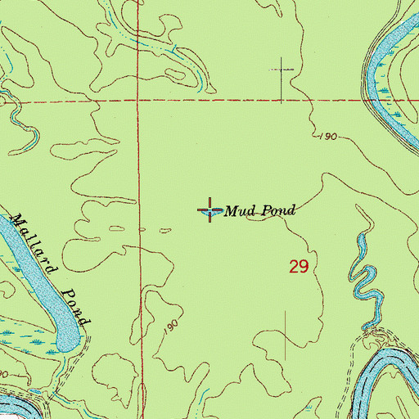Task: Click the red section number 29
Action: point(298,267)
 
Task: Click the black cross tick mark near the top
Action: point(282,70)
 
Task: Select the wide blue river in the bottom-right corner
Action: point(385,376)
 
